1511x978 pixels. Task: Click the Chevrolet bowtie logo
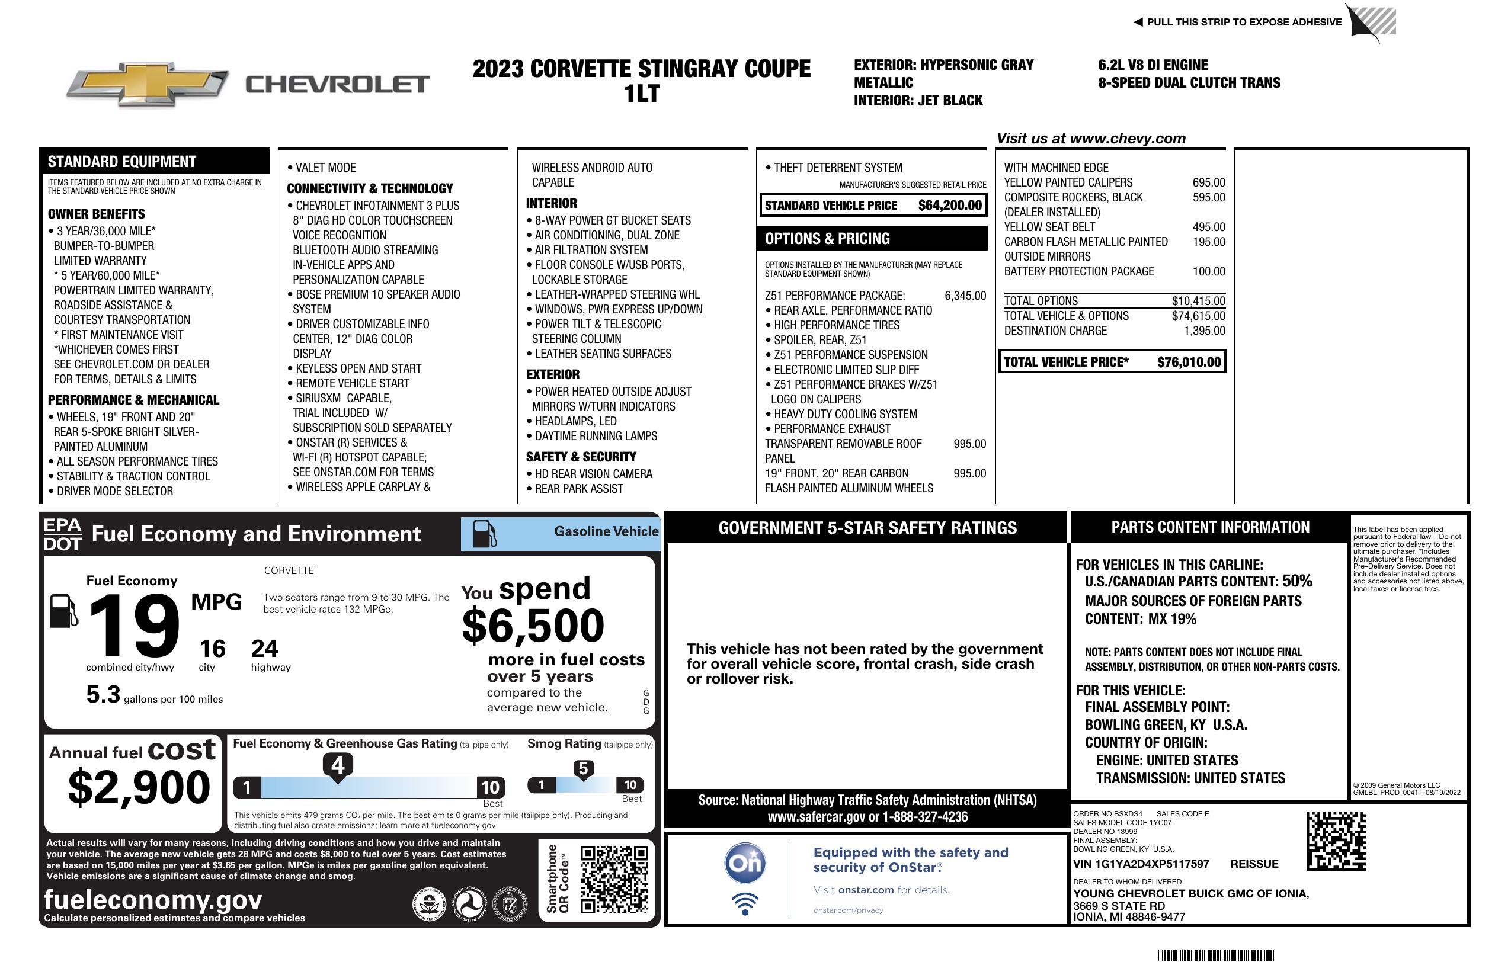tap(147, 84)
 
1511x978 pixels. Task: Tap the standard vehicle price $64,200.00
tap(949, 205)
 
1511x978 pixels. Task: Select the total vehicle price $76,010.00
tap(1189, 362)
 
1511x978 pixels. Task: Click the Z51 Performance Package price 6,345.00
tap(965, 296)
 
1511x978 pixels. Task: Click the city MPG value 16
tap(212, 649)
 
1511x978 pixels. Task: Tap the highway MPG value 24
tap(264, 649)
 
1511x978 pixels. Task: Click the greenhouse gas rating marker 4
tap(338, 765)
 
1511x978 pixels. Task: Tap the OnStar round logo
tap(745, 863)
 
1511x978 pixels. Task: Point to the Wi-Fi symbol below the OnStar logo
tap(745, 903)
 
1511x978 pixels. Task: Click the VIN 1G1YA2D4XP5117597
tap(1141, 864)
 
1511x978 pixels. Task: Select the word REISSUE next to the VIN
tap(1254, 864)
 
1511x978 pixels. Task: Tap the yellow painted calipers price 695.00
tap(1208, 183)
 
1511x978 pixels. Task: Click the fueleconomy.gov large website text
tap(153, 899)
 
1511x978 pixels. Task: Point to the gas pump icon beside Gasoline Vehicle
tap(485, 533)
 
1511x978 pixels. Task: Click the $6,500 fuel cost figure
tap(533, 626)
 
